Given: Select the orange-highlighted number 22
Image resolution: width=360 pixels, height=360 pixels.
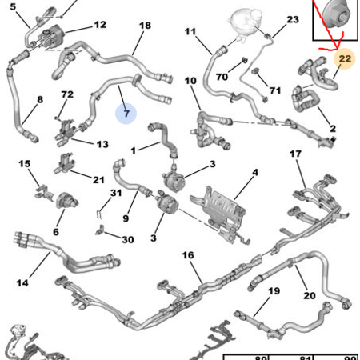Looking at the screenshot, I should (x=344, y=60).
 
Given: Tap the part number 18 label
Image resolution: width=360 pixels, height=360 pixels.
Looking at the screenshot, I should (x=144, y=26).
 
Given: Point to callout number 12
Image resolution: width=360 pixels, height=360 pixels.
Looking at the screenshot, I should (x=99, y=25).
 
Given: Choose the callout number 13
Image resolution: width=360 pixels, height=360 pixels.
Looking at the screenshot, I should (x=102, y=145).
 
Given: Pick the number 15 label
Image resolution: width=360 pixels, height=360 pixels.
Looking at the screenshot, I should (x=24, y=164).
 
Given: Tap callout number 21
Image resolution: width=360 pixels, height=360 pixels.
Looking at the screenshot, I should (x=98, y=179).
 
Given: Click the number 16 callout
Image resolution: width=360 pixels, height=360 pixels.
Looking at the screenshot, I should (x=188, y=256).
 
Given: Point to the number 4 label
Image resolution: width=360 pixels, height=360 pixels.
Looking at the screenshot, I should (x=254, y=173).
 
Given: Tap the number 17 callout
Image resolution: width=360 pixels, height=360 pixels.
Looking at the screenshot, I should (x=295, y=154).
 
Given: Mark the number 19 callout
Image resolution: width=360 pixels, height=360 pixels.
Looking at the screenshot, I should (x=274, y=292).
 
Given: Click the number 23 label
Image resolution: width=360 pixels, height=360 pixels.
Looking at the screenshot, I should (x=292, y=18).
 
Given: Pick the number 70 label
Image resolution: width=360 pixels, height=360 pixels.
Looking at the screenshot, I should (x=220, y=78).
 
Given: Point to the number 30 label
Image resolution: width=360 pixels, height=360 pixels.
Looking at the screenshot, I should (x=127, y=239).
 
